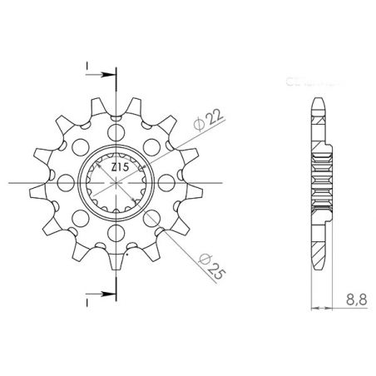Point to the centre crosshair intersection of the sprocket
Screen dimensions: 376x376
[116, 182]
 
